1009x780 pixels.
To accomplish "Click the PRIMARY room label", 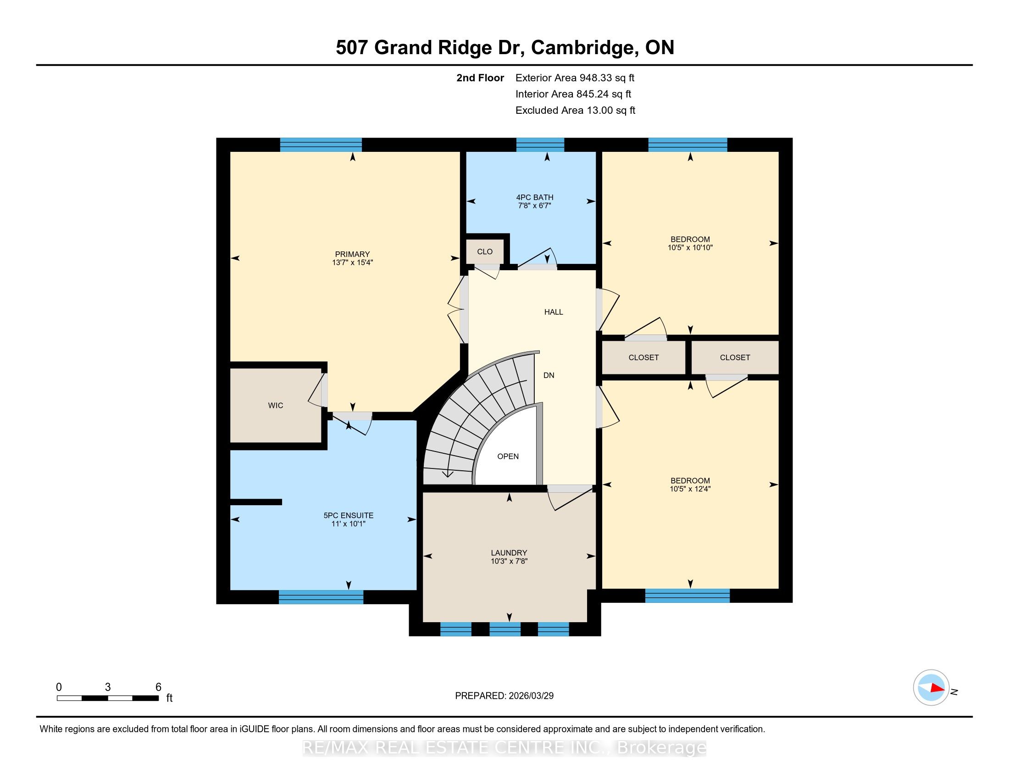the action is coord(352,254).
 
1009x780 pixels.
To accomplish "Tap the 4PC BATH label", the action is coord(534,197).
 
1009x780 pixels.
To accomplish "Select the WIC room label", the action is coord(275,405).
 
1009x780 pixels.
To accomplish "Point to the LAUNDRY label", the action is coord(509,553).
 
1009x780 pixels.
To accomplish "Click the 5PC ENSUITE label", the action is coord(349,515).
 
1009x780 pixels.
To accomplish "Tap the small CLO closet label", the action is coord(485,251).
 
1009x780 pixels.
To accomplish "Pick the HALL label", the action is coord(554,312).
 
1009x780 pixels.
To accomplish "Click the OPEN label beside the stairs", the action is coord(508,456).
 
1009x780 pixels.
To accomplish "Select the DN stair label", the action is coord(549,375).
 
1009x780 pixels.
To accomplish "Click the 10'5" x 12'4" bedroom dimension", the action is coord(690,489).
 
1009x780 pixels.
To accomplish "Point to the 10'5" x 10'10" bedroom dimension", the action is coord(690,247).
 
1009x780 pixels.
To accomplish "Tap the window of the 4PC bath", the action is coord(540,145).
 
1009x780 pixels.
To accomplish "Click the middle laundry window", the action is coord(505,629).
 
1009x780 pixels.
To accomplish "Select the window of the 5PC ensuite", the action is coord(321,597).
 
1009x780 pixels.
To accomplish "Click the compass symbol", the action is coord(931,688).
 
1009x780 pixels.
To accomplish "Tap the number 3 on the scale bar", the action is coord(108,687).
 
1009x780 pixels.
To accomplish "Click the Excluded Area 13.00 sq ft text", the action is coord(575,111).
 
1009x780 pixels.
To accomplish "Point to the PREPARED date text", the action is coord(504,696).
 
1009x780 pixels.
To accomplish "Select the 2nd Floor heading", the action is coord(480,78).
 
